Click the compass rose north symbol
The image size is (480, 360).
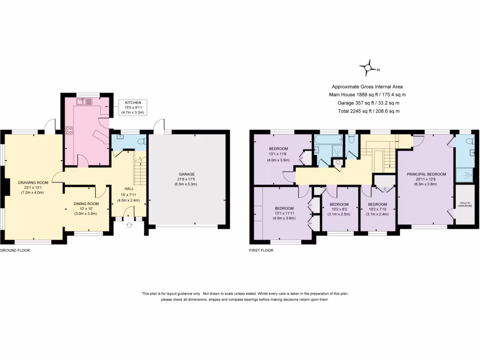click(369, 69)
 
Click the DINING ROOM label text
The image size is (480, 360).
click(86, 204)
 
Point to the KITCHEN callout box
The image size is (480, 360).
click(133, 107)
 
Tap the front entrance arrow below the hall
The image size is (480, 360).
click(129, 225)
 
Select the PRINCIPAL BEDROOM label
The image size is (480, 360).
click(427, 174)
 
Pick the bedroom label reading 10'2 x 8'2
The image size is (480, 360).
click(338, 204)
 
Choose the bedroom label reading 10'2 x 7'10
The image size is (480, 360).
click(377, 204)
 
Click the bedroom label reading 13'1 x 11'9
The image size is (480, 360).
click(278, 150)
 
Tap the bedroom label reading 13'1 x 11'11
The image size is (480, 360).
click(284, 208)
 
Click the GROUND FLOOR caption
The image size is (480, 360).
click(15, 250)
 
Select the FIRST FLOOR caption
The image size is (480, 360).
click(261, 250)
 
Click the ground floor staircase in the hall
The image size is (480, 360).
click(139, 171)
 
